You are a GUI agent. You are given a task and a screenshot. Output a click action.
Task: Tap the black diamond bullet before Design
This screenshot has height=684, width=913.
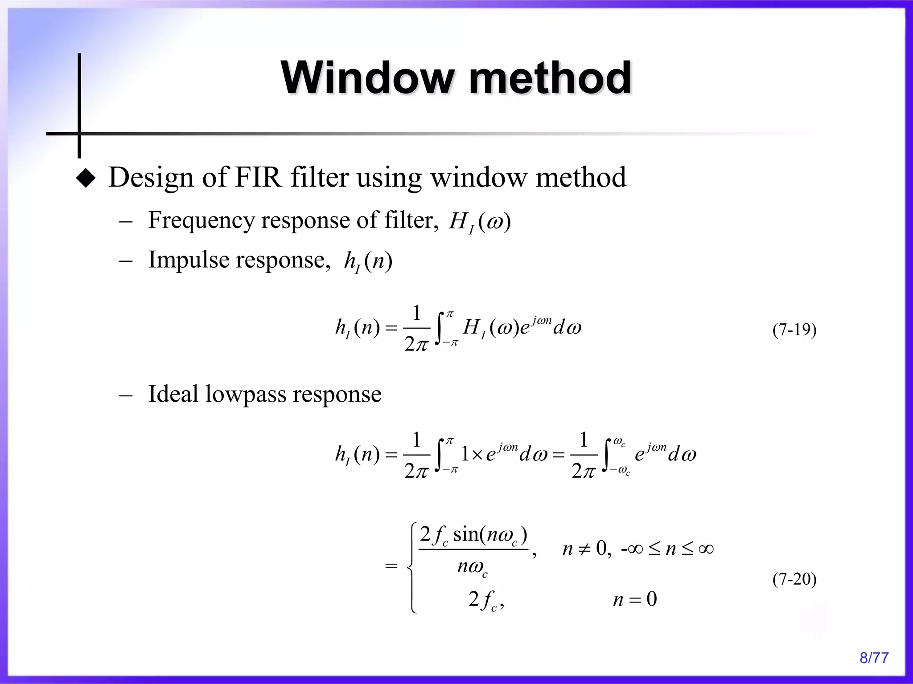[x=86, y=179]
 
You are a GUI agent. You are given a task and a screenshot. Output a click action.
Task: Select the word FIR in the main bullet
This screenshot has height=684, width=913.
[x=258, y=177]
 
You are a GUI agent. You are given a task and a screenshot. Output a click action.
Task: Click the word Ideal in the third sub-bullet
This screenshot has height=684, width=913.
[x=173, y=394]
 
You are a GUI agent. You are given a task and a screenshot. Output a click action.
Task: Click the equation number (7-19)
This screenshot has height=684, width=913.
[x=794, y=330]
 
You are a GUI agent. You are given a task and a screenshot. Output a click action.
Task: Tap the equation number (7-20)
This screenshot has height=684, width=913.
[x=794, y=579]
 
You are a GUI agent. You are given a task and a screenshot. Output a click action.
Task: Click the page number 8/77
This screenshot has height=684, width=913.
[x=874, y=658]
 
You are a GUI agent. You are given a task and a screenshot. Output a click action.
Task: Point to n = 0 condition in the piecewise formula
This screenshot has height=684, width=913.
[x=635, y=599]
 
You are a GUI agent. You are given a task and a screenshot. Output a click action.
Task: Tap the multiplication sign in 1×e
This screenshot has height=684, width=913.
[x=477, y=455]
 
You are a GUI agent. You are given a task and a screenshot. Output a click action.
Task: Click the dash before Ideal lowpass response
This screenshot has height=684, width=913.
[x=126, y=395]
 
